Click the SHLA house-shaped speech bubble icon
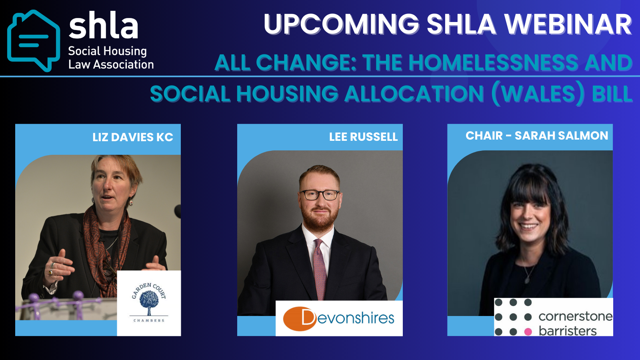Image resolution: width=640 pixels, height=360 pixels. click(x=34, y=40)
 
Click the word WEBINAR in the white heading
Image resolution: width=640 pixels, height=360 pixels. click(x=568, y=24)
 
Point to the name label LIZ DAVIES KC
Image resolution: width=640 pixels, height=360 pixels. click(x=133, y=137)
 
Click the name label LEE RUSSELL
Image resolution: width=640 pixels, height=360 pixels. click(x=364, y=137)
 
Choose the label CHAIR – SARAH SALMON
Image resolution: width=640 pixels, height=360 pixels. click(x=537, y=136)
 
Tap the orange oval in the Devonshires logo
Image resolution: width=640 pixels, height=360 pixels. click(x=300, y=318)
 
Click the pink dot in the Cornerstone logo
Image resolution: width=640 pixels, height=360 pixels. click(x=528, y=332)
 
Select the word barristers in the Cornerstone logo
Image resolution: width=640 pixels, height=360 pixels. click(x=568, y=331)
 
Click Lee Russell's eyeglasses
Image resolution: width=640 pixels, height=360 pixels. click(x=320, y=195)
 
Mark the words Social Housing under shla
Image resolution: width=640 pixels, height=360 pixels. click(x=108, y=52)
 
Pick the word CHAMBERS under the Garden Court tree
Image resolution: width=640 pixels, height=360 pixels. click(x=149, y=320)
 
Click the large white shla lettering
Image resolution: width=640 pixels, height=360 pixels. click(x=104, y=25)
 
